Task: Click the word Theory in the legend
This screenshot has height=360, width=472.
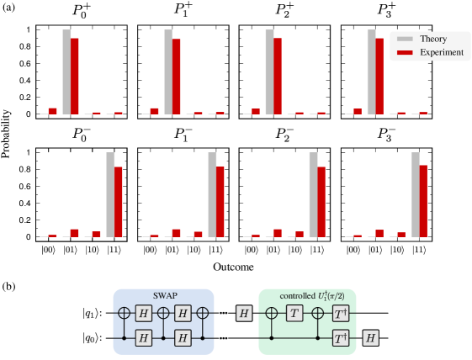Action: (432, 39)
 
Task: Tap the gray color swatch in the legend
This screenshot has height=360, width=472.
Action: (405, 39)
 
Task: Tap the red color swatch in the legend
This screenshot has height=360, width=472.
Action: (405, 52)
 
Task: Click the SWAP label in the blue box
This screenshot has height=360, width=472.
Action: (164, 296)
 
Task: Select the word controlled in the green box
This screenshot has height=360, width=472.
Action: (295, 296)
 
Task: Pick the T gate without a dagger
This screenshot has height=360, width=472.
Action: (294, 313)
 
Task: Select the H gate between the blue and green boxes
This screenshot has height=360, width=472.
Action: (244, 313)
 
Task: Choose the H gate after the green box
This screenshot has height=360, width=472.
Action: (370, 337)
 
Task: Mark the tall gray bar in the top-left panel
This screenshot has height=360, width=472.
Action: (66, 71)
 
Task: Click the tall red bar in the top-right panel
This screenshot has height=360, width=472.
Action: (379, 76)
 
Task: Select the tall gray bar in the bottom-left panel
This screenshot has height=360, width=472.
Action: (110, 194)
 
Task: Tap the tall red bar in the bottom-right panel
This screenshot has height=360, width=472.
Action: (423, 200)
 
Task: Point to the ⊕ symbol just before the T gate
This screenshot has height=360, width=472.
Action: (272, 313)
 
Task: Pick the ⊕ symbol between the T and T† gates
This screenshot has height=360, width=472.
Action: (317, 313)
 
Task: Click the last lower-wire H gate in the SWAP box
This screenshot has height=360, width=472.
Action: (183, 337)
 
